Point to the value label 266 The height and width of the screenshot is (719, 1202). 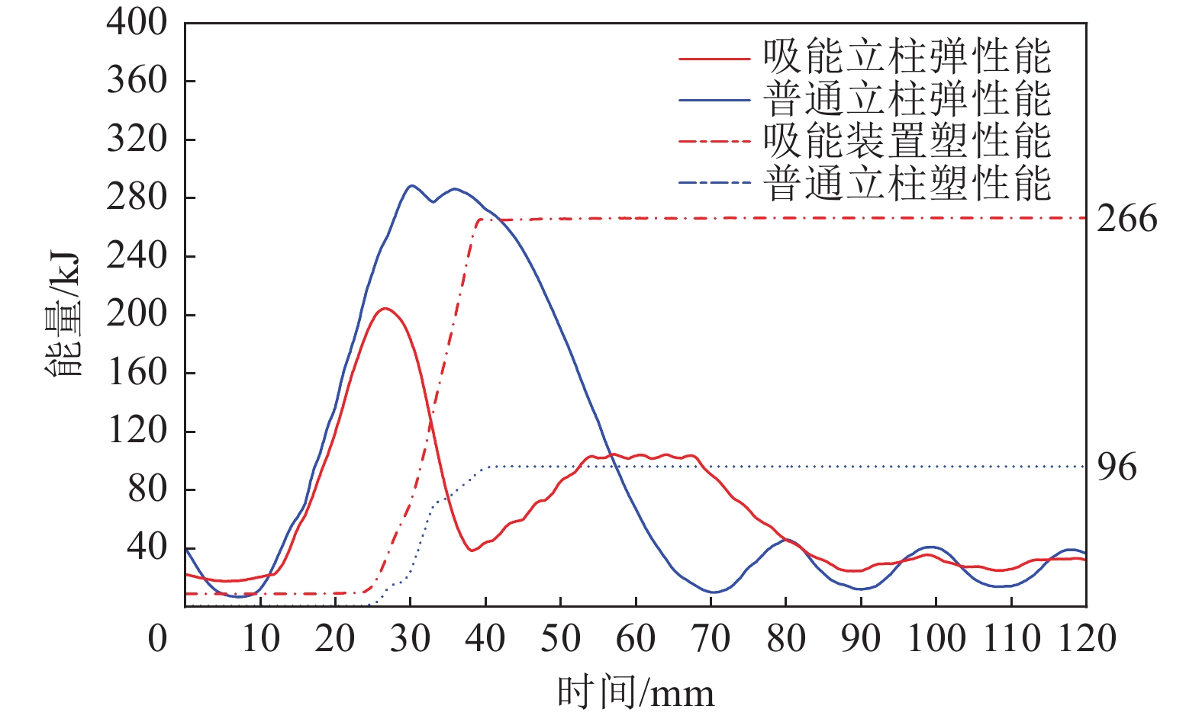pyautogui.click(x=1126, y=220)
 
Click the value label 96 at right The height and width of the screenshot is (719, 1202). pyautogui.click(x=1117, y=467)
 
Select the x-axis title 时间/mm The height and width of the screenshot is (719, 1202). pyautogui.click(x=636, y=693)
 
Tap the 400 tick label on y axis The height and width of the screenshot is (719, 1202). pyautogui.click(x=137, y=23)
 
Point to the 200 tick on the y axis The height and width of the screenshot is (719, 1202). pyautogui.click(x=137, y=314)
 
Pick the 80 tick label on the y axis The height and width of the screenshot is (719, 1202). pyautogui.click(x=147, y=489)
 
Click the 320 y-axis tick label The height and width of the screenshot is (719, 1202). pyautogui.click(x=137, y=140)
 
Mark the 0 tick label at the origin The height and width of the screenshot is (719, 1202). pyautogui.click(x=157, y=638)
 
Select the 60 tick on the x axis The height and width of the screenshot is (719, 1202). pyautogui.click(x=636, y=638)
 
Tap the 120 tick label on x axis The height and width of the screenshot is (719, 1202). pyautogui.click(x=1085, y=638)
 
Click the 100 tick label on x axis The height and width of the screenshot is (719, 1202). pyautogui.click(x=936, y=638)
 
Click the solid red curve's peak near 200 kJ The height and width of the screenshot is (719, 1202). pyautogui.click(x=385, y=308)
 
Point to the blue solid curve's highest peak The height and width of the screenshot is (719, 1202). pyautogui.click(x=411, y=185)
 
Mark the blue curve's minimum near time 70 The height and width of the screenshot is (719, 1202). pyautogui.click(x=714, y=592)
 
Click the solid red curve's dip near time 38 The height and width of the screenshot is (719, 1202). pyautogui.click(x=472, y=550)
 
